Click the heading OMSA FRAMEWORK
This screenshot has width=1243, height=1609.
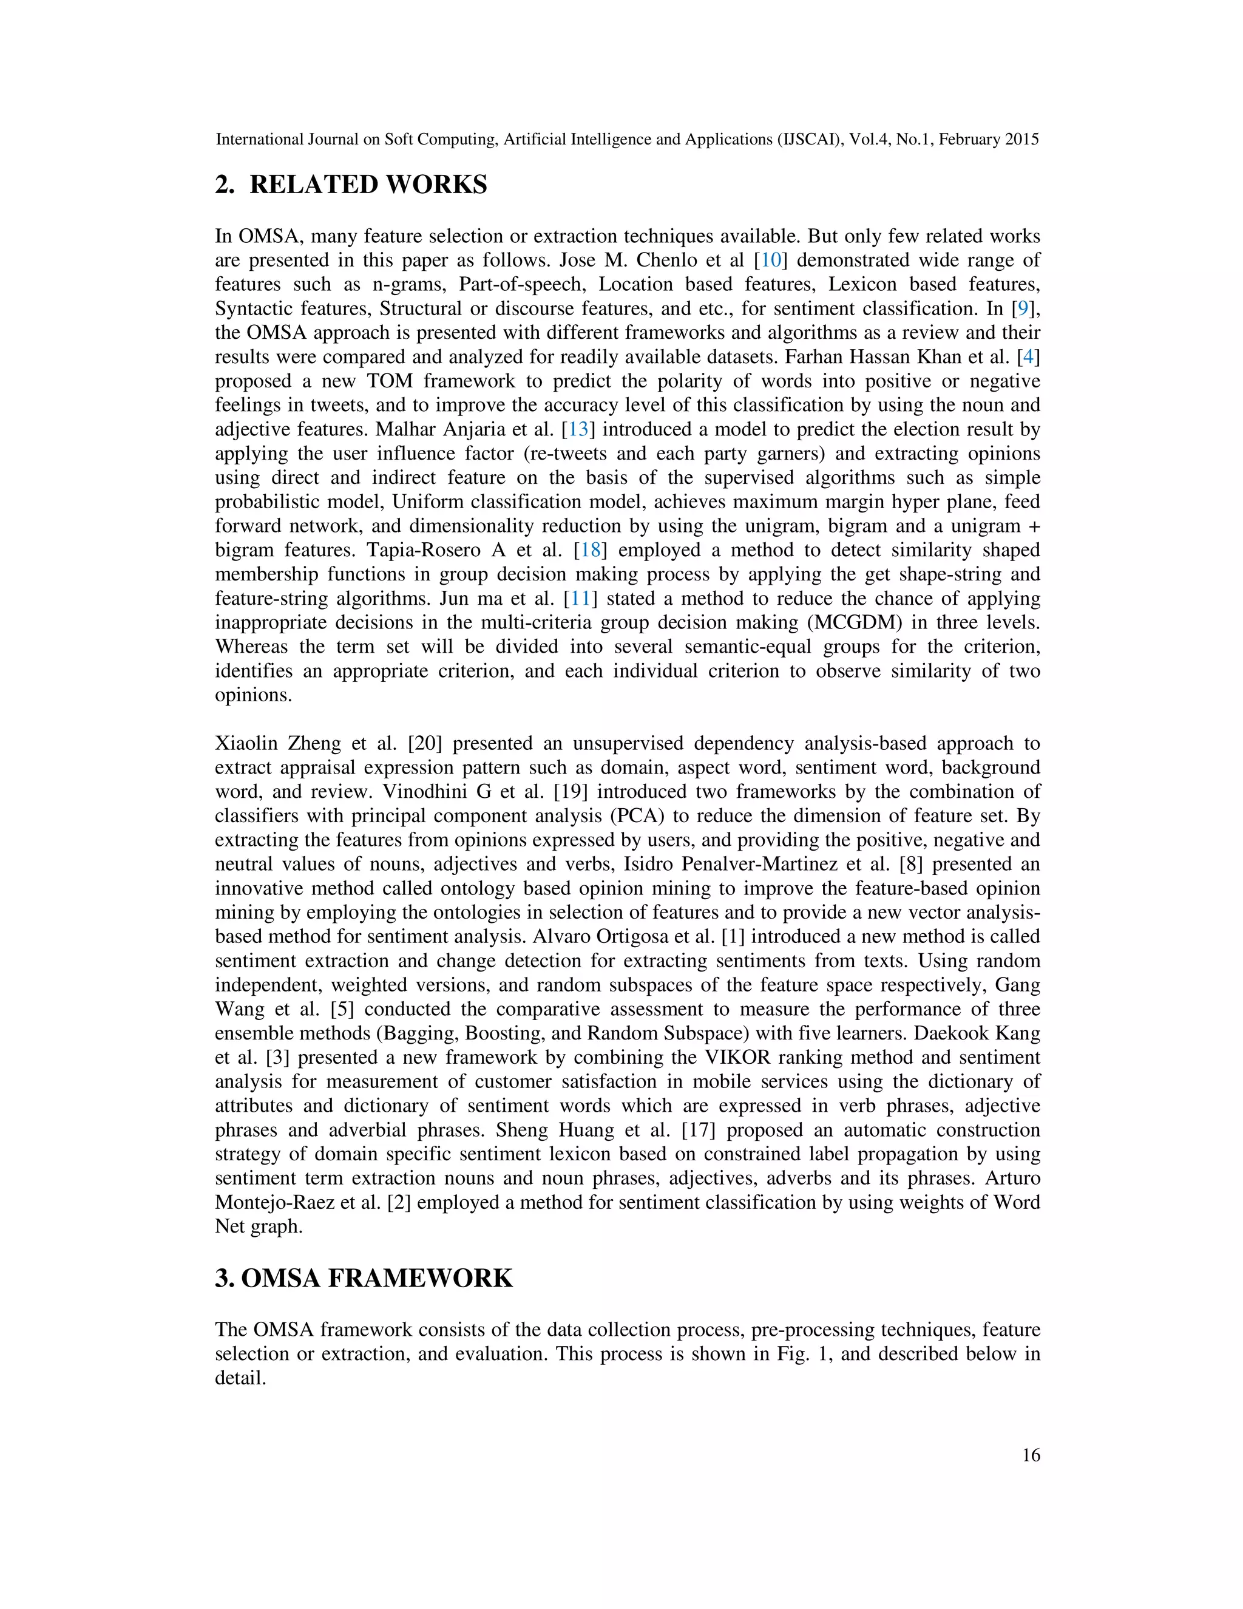[x=376, y=1278]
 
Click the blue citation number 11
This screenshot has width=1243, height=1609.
[x=580, y=598]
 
